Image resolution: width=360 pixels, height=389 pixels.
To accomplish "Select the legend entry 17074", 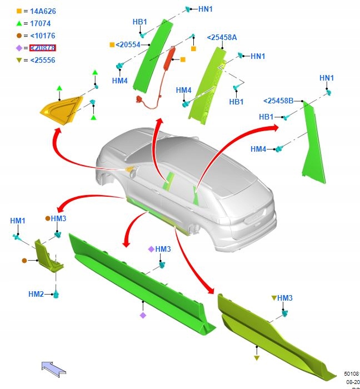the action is pyautogui.click(x=41, y=23).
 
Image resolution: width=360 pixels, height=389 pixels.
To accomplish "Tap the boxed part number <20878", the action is pyautogui.click(x=42, y=48).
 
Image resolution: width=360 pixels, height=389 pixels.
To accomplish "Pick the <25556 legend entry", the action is pyautogui.click(x=42, y=60).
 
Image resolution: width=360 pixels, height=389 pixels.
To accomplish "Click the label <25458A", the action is pyautogui.click(x=222, y=37).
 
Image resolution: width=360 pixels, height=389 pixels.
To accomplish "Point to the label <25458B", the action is pyautogui.click(x=278, y=101).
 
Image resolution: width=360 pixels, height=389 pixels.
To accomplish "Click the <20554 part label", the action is pyautogui.click(x=128, y=44).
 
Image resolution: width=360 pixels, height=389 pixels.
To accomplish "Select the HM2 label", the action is pyautogui.click(x=36, y=294).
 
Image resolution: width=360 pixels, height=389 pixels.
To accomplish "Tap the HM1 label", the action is pyautogui.click(x=18, y=221).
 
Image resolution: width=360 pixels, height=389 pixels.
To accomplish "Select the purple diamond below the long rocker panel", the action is pyautogui.click(x=143, y=315).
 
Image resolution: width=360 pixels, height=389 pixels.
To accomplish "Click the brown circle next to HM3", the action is pyautogui.click(x=48, y=219).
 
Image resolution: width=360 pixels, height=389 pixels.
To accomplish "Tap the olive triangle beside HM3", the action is pyautogui.click(x=273, y=298).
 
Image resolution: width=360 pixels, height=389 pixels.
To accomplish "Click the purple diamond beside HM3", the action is pyautogui.click(x=151, y=249).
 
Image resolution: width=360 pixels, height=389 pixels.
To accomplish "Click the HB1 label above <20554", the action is pyautogui.click(x=139, y=22).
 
